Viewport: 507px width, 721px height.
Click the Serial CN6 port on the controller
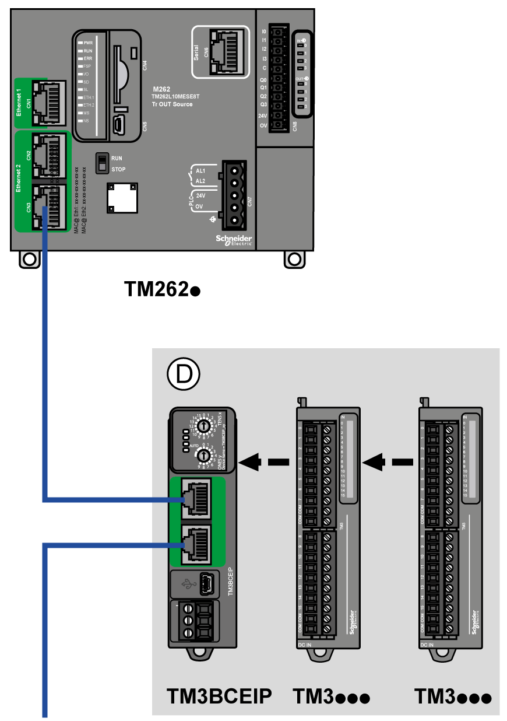click(x=224, y=52)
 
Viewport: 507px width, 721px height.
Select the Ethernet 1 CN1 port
click(x=46, y=102)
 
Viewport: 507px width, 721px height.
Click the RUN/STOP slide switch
click(x=102, y=163)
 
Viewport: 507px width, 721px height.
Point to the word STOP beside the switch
click(x=118, y=169)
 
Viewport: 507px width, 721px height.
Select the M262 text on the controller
click(x=161, y=90)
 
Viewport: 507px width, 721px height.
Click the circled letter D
click(x=182, y=374)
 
